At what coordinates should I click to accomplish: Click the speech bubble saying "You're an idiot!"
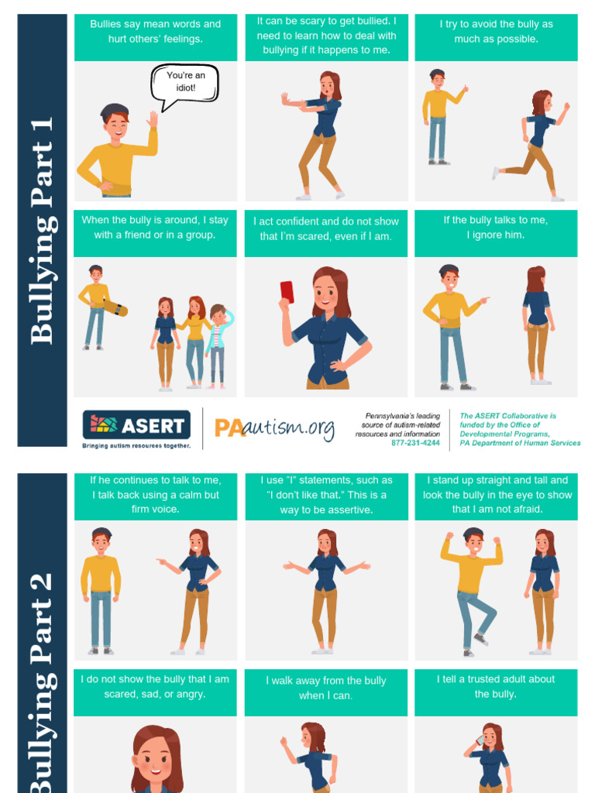[184, 83]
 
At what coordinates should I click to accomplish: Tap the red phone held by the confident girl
[287, 292]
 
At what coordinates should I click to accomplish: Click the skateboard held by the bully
[116, 308]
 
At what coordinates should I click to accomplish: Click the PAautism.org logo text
[274, 427]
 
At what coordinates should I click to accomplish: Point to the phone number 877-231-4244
[415, 443]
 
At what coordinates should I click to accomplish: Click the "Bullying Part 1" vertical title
[42, 231]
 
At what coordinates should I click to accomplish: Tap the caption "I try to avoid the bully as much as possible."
[496, 32]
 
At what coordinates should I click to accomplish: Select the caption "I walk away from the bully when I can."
[325, 688]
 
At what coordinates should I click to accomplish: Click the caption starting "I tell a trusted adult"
[496, 686]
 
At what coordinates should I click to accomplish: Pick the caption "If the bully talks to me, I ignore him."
[496, 228]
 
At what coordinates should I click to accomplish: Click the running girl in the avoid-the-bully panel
[535, 143]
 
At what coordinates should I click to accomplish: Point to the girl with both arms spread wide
[326, 589]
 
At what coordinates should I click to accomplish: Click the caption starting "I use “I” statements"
[325, 495]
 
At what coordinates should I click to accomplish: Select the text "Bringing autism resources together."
[136, 445]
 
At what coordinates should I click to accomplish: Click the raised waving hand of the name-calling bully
[153, 119]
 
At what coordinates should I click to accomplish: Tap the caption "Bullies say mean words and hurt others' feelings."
[156, 32]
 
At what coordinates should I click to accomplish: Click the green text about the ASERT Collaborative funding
[519, 429]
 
